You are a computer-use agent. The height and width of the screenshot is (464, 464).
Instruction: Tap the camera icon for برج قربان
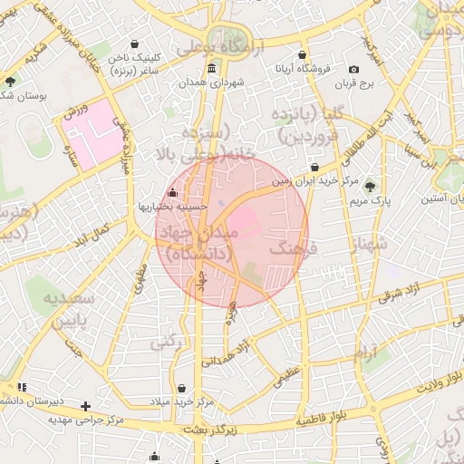pos(354,70)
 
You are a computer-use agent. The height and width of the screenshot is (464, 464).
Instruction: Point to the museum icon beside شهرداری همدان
pos(211,69)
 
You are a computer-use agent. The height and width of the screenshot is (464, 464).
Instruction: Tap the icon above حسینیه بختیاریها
pos(172,192)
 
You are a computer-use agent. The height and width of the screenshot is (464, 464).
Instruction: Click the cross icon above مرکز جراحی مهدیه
pos(85,406)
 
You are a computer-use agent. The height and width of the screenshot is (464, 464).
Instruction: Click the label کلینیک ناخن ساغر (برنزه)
pos(136,63)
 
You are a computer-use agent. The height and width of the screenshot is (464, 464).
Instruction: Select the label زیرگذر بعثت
pos(208,429)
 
